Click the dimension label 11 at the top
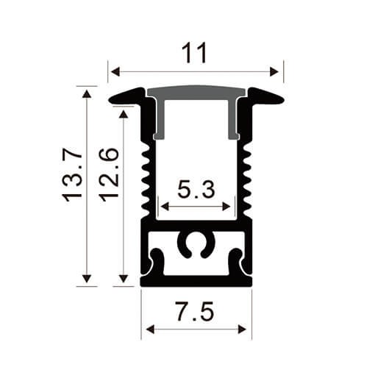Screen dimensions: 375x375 click(196, 53)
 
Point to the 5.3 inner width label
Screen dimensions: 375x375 click(196, 190)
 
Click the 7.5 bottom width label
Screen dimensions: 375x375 click(196, 312)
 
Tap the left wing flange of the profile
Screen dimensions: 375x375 click(126, 96)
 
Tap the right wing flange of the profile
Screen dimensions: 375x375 click(265, 96)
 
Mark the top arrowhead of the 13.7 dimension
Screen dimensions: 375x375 click(87, 93)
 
